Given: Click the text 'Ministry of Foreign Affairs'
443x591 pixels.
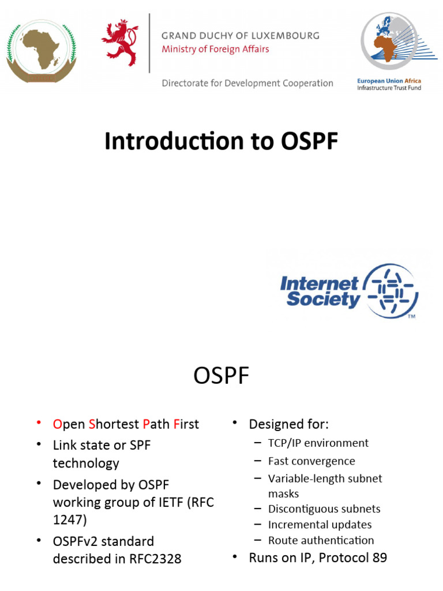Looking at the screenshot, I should click(x=215, y=49).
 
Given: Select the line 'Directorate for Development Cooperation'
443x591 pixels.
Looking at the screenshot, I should click(x=247, y=83).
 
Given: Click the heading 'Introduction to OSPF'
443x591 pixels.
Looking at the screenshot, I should click(x=221, y=141).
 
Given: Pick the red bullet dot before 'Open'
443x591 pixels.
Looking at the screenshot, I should click(x=38, y=423).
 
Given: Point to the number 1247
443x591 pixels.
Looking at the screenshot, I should click(x=70, y=519).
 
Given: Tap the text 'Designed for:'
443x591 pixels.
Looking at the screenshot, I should click(x=288, y=424).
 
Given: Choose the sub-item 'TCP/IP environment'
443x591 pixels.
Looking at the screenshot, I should click(x=318, y=443).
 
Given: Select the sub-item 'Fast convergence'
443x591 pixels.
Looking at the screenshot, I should click(x=311, y=461).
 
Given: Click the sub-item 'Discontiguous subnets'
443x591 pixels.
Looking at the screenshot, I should click(x=324, y=509).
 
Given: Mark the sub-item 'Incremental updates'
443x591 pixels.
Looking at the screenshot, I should click(x=320, y=525).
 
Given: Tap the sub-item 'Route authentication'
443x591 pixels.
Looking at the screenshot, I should click(x=321, y=540).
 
